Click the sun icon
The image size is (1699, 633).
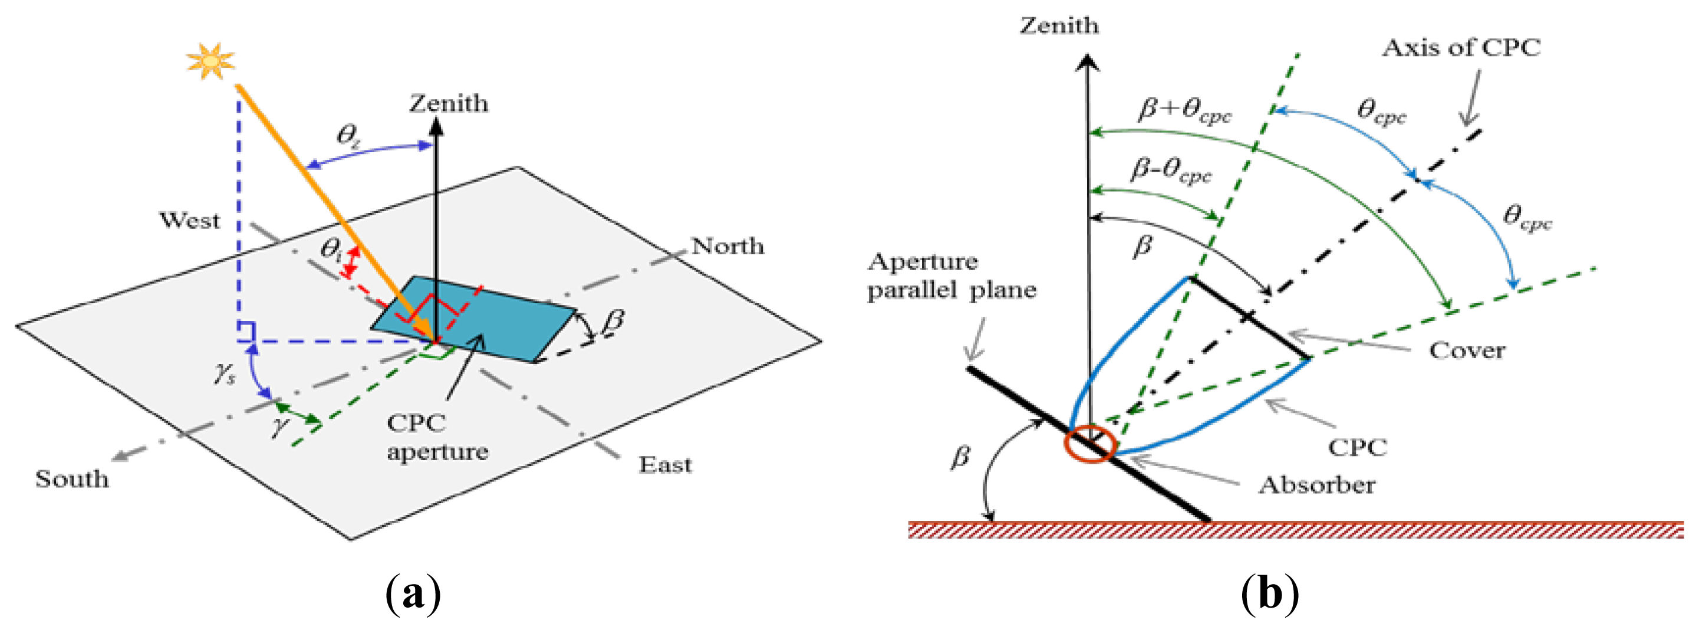210,61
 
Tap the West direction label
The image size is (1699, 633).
189,221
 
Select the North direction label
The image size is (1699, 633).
727,246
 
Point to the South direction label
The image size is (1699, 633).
72,478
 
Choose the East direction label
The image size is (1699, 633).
665,465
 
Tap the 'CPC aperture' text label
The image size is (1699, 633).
437,437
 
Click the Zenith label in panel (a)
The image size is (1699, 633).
449,104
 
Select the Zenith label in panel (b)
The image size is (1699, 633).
1059,26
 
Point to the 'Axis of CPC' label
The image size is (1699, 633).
1461,48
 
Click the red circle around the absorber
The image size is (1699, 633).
1089,444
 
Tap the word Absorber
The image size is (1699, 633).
1316,485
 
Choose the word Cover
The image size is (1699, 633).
1467,350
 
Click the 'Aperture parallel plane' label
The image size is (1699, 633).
951,276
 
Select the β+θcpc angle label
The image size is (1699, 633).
1184,110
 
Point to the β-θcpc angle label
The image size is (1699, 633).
1171,171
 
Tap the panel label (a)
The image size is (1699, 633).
413,593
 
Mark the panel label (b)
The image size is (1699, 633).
1270,593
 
